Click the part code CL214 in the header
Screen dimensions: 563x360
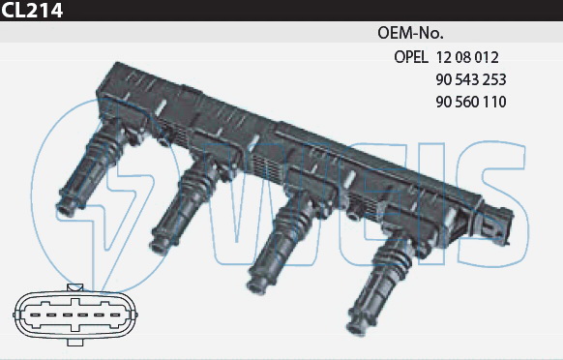click(x=32, y=10)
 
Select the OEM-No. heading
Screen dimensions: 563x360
click(x=410, y=33)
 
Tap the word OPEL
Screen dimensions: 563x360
click(x=411, y=57)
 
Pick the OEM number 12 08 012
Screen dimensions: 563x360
click(x=467, y=57)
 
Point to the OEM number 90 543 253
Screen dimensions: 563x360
click(x=471, y=79)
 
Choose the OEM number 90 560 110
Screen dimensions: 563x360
click(x=471, y=102)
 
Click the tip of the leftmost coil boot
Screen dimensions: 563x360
click(x=65, y=209)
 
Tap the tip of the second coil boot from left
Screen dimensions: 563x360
click(x=158, y=246)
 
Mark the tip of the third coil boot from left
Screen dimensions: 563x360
click(x=255, y=285)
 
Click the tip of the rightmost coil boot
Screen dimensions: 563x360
click(x=356, y=328)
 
